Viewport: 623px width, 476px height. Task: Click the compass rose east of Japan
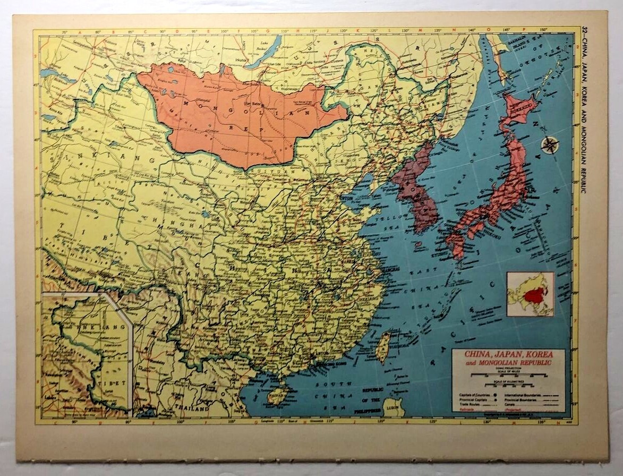point(549,144)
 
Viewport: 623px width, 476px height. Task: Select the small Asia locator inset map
point(530,294)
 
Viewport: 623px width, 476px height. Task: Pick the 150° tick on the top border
point(543,29)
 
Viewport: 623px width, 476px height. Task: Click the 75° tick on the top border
point(65,32)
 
